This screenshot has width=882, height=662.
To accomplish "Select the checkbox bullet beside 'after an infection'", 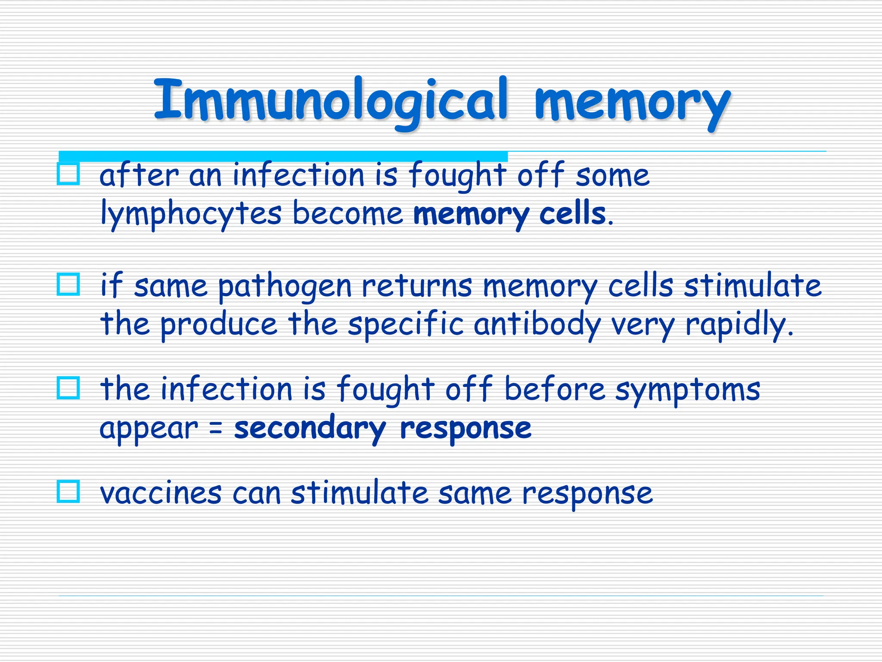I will (68, 174).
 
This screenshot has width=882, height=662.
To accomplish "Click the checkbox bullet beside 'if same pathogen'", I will (68, 284).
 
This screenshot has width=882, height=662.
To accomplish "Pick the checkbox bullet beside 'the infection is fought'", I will (68, 388).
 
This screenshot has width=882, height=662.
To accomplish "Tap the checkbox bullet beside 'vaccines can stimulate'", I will (68, 491).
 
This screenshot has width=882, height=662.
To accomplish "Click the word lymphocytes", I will (191, 214).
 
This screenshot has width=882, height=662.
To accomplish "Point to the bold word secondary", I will (310, 428).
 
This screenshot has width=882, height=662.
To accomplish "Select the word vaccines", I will (161, 493).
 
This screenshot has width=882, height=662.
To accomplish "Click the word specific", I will (406, 324).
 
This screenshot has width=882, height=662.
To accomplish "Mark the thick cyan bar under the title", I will (283, 156).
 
